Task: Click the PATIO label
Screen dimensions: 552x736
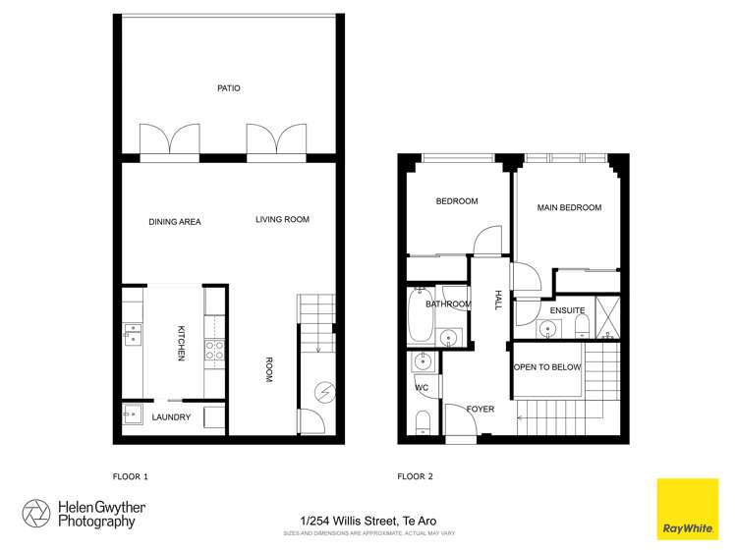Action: (x=229, y=88)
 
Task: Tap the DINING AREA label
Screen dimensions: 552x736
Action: (x=175, y=222)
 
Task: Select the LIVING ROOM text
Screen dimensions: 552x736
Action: (x=282, y=219)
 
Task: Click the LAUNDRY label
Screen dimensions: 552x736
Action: (x=171, y=417)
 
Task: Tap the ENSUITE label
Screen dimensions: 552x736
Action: (x=567, y=310)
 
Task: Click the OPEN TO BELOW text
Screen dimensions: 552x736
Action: (x=547, y=367)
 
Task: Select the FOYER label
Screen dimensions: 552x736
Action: (x=480, y=409)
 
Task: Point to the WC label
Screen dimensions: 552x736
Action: (x=422, y=387)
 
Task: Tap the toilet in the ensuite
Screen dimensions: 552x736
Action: (x=581, y=324)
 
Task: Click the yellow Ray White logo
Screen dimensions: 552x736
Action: (x=688, y=509)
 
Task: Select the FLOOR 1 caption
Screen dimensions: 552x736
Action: (x=131, y=476)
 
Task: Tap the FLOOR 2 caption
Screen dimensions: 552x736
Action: (x=415, y=476)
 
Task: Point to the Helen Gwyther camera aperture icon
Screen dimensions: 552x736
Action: (x=36, y=513)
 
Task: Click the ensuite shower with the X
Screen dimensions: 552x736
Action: (x=606, y=317)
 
